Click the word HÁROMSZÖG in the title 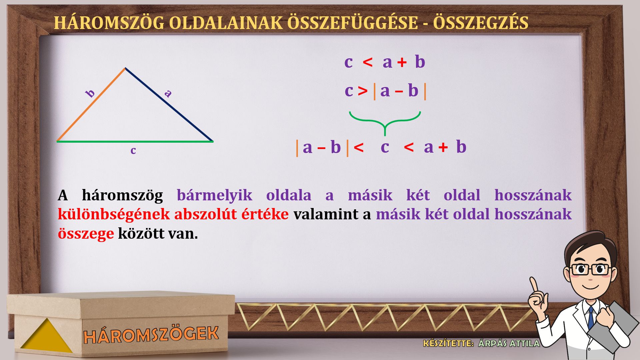point(109,22)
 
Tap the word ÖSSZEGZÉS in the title point(480,22)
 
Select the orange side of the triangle point(91,105)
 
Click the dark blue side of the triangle point(169,105)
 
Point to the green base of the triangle point(135,141)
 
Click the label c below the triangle point(133,151)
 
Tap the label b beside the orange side point(90,93)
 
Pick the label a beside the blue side point(168,93)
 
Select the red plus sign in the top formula point(402,62)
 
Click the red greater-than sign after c point(363,91)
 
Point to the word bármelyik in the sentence point(214,195)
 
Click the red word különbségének point(114,214)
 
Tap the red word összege point(86,234)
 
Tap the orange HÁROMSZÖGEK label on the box point(151,334)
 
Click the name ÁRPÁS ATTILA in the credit point(509,343)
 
